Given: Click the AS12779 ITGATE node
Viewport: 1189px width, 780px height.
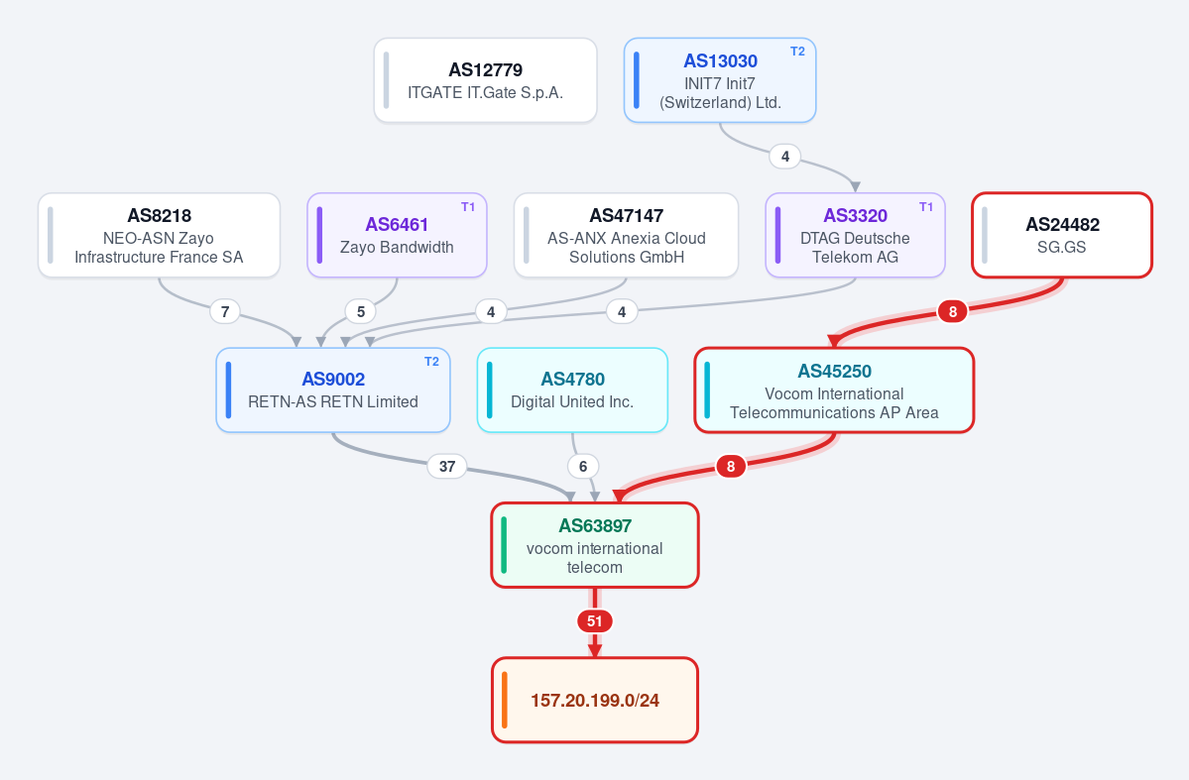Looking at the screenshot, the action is (x=485, y=80).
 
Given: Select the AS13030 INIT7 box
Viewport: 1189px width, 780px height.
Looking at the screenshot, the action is (x=720, y=80).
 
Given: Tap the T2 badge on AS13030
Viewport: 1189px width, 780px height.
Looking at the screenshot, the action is (x=797, y=52).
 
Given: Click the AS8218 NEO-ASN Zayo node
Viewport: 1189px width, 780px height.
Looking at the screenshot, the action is (x=160, y=235).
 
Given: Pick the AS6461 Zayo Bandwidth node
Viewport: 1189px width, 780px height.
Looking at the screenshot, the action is (x=397, y=235).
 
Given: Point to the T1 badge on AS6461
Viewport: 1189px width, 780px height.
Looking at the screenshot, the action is (x=468, y=207).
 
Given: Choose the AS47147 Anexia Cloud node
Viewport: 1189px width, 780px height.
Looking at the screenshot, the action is (x=627, y=235).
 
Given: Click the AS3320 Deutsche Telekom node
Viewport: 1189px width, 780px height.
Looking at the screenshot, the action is (x=856, y=235).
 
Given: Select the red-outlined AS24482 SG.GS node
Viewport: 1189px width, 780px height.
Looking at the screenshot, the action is (x=1062, y=235).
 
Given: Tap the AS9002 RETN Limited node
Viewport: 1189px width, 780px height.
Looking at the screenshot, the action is (x=333, y=390).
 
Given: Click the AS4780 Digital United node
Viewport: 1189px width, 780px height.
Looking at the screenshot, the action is (x=572, y=390).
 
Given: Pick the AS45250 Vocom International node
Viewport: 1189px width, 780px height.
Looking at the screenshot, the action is (x=834, y=390).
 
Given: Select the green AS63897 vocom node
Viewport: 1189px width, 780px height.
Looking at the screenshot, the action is (x=595, y=545).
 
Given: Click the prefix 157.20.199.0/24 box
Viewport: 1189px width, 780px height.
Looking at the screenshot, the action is (x=595, y=700).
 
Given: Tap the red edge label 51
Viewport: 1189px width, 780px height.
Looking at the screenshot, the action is (x=595, y=621).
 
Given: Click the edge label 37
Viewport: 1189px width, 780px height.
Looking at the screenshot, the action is (x=447, y=466).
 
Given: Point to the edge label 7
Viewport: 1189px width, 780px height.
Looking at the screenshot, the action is (x=225, y=311).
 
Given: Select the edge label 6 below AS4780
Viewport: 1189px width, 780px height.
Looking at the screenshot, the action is (x=583, y=466).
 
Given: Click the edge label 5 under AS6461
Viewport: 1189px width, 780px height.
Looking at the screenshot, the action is (x=361, y=311).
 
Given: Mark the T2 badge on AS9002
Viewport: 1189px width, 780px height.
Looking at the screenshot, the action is (x=431, y=362).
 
